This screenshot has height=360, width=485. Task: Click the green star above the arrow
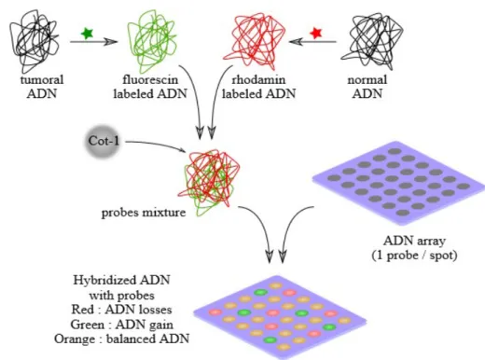pos(87,33)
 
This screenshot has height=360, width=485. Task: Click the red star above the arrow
pos(316,33)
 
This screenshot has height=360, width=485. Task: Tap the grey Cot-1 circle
pos(103,142)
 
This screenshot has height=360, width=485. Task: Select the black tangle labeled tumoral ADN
pos(34,40)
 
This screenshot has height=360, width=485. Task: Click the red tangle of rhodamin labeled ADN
pos(255,40)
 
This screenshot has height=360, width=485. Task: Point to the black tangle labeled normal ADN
pos(371,40)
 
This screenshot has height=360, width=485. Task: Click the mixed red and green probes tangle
pos(210,182)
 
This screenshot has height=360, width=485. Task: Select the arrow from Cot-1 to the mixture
pos(157,145)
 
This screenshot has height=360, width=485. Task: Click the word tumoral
pos(42,80)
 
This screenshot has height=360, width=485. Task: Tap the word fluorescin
pos(150,80)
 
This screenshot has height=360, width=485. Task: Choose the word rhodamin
pos(258,80)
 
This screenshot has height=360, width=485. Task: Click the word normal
pos(367,80)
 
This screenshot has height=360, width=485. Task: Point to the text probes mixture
pos(144,213)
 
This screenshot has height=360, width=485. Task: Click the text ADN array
pos(415,241)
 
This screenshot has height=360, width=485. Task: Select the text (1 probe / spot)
pos(415,256)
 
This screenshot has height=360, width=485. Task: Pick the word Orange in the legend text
pos(75,339)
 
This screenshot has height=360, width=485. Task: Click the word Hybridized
pos(104,281)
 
